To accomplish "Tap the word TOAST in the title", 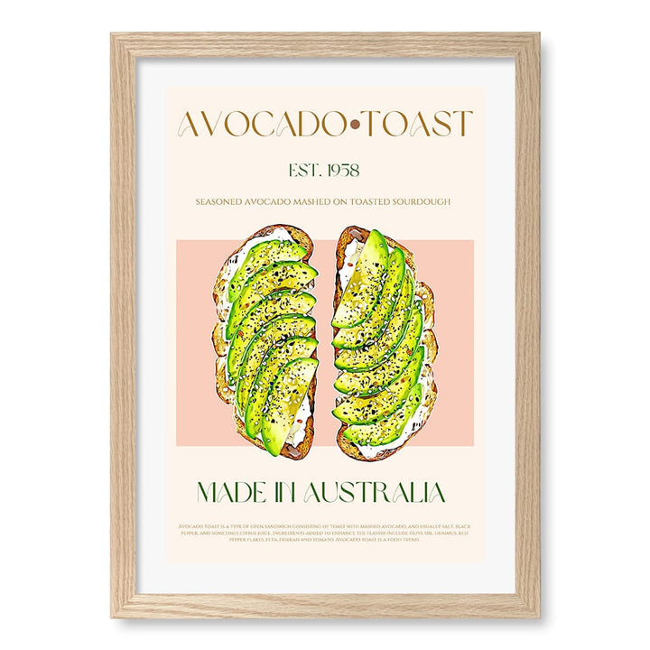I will [419, 125].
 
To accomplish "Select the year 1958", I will [342, 169].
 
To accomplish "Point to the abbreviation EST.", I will [303, 169].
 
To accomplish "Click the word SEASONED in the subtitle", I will [224, 202].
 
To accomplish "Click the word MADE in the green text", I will [229, 492].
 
